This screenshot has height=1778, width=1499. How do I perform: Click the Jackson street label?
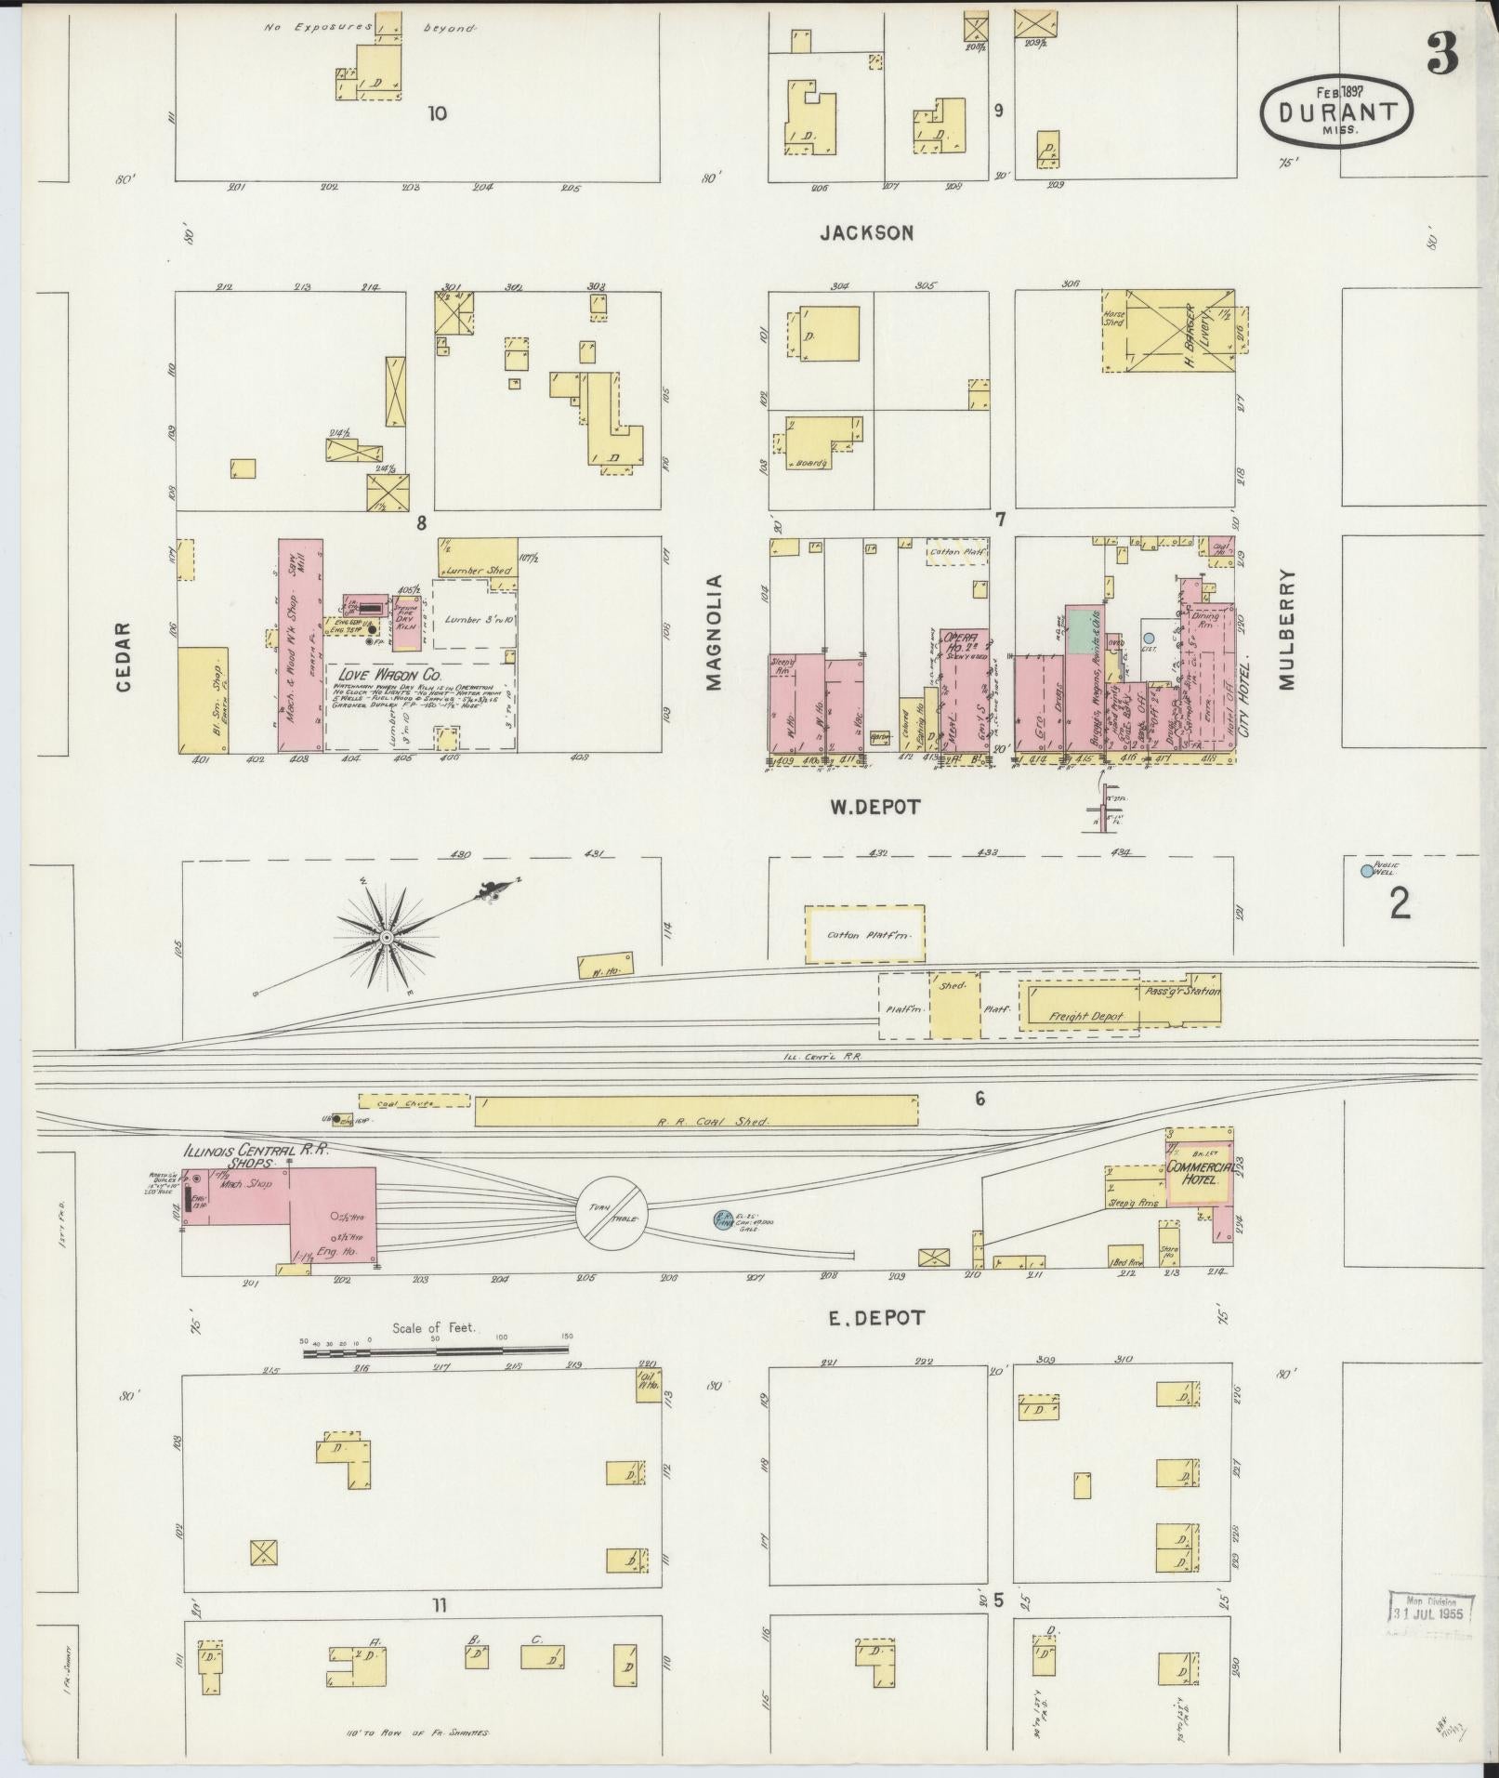pyautogui.click(x=866, y=232)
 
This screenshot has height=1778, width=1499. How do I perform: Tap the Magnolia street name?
pyautogui.click(x=714, y=632)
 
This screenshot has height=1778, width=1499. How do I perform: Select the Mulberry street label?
pyautogui.click(x=1285, y=629)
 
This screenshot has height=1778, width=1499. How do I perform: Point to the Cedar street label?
pyautogui.click(x=125, y=657)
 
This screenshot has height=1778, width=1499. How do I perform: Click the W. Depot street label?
pyautogui.click(x=874, y=807)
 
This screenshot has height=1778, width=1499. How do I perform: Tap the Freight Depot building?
pyautogui.click(x=1085, y=1016)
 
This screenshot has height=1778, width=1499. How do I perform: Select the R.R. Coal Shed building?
pyautogui.click(x=695, y=1111)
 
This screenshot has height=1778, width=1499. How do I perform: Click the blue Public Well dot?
pyautogui.click(x=1366, y=871)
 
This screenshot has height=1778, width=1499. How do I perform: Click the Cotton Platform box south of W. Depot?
pyautogui.click(x=864, y=934)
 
